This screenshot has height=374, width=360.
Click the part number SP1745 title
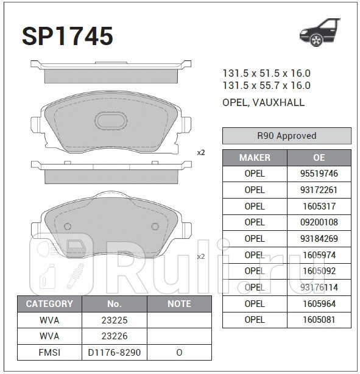68,37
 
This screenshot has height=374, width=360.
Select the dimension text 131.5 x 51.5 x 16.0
266,72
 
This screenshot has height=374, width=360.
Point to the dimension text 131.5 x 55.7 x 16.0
266,86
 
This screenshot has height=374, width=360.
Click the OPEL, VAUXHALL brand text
263,103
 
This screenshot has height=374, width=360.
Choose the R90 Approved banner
286,136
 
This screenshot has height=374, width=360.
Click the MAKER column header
255,157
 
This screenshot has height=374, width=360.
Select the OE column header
319,157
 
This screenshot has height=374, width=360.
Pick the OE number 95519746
319,174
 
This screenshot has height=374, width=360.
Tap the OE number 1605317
319,206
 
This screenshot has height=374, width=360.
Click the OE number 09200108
319,222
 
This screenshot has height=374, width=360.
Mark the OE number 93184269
319,239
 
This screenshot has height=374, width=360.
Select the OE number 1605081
319,320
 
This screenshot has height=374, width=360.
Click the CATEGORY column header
49,303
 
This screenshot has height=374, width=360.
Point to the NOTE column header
178,303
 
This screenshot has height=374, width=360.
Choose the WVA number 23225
115,320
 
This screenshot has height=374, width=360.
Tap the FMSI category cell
49,352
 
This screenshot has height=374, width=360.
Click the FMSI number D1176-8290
115,352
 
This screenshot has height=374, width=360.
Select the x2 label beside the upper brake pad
200,152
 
